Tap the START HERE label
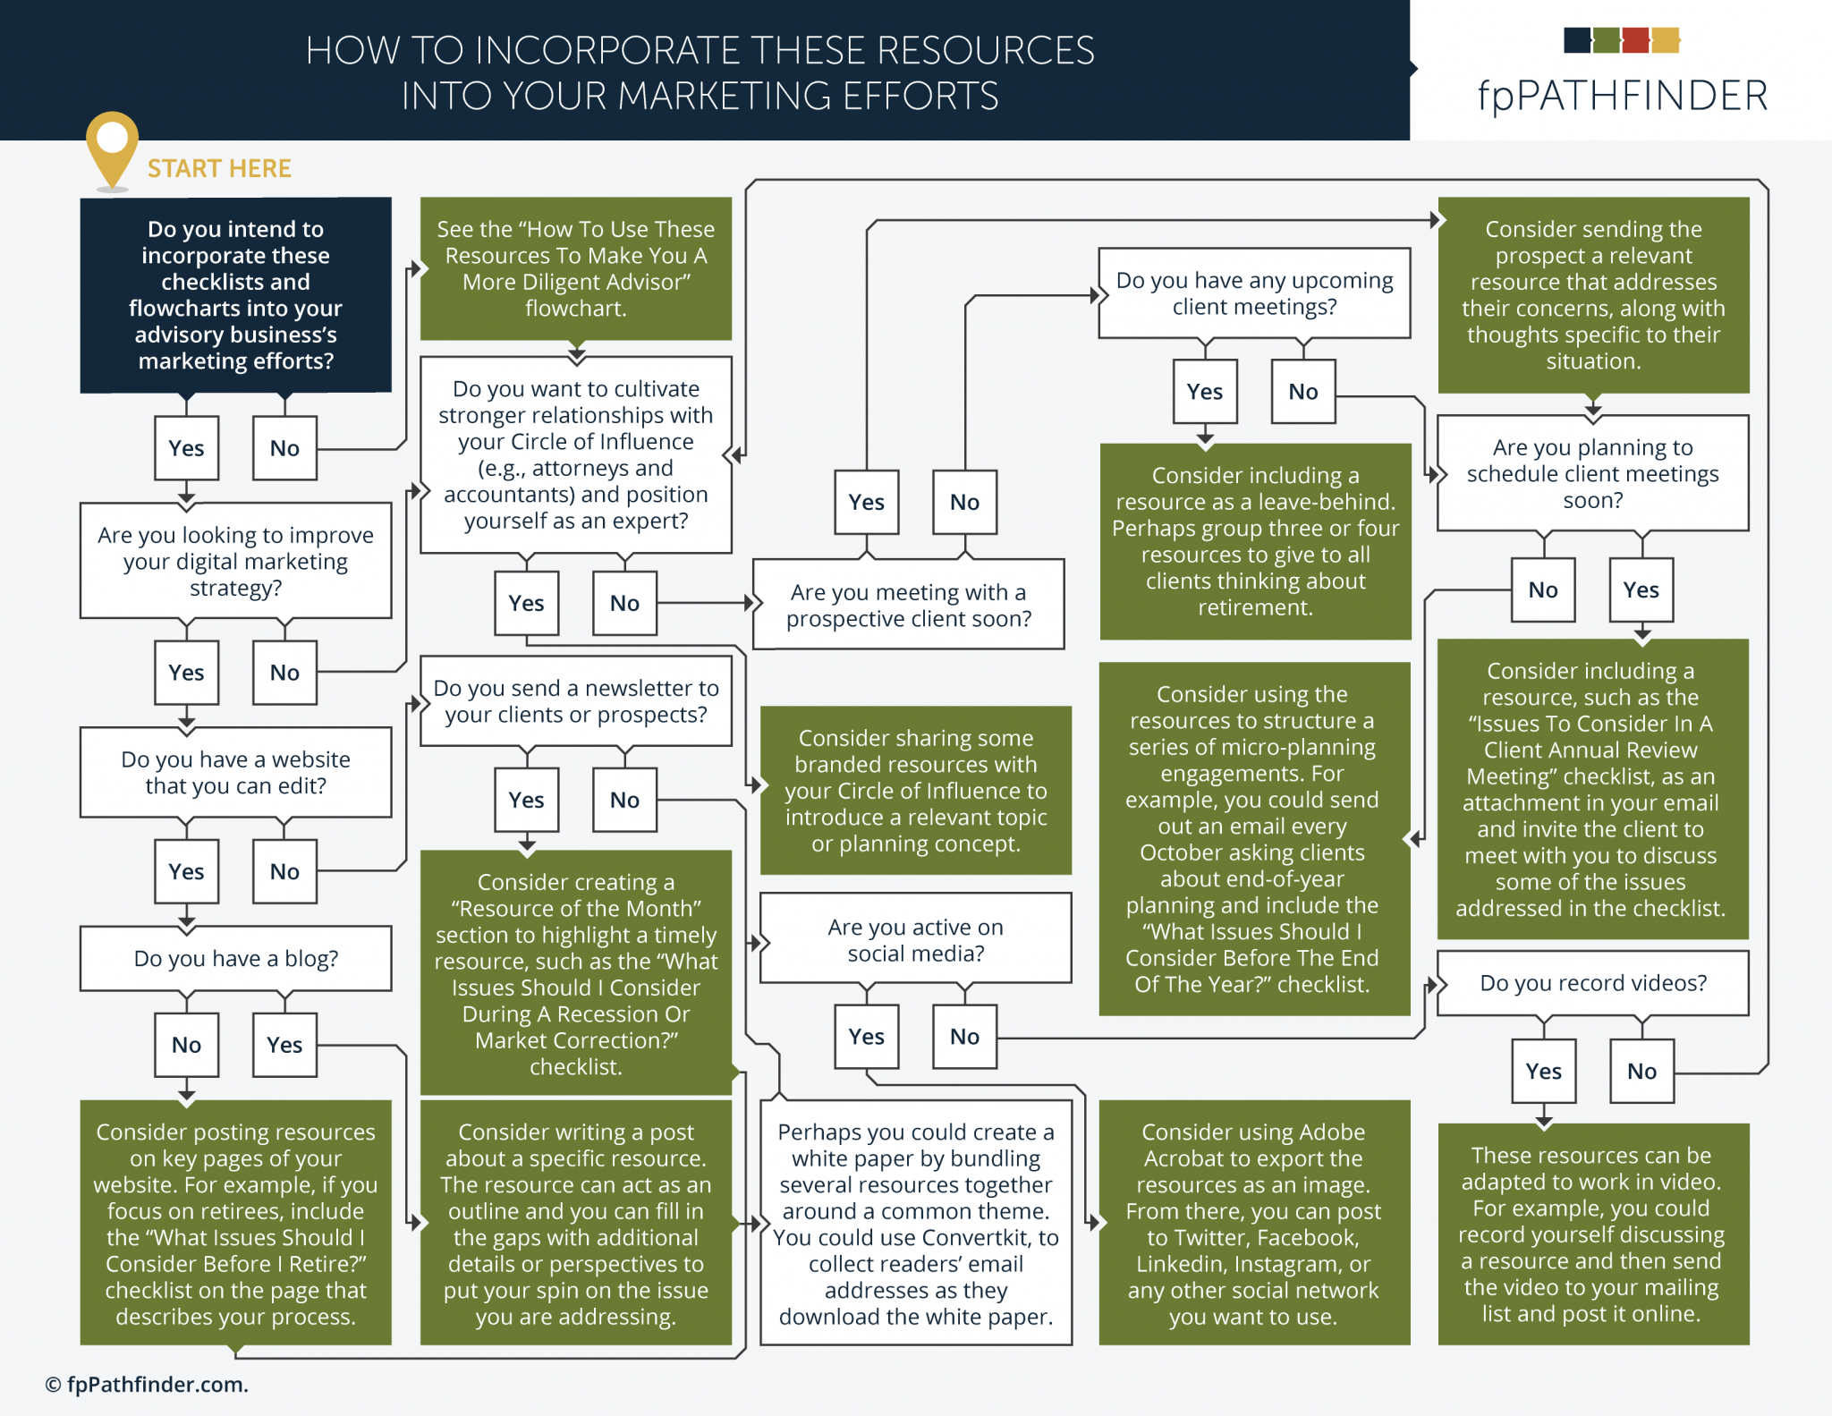219,168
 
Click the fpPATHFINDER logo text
1622,95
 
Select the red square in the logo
1634,40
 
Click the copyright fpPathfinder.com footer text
147,1384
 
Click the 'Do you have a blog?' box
235,958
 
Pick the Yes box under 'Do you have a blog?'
284,1044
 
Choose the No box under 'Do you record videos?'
1641,1071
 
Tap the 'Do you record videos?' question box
1592,982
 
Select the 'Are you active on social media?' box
915,939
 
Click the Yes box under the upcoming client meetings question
1204,391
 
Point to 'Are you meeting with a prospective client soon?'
908,605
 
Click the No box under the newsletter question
624,800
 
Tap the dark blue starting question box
235,294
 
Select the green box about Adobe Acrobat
1253,1223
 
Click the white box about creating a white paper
915,1223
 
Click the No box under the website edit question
284,870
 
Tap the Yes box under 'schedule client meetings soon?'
1641,589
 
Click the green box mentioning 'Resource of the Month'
575,972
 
